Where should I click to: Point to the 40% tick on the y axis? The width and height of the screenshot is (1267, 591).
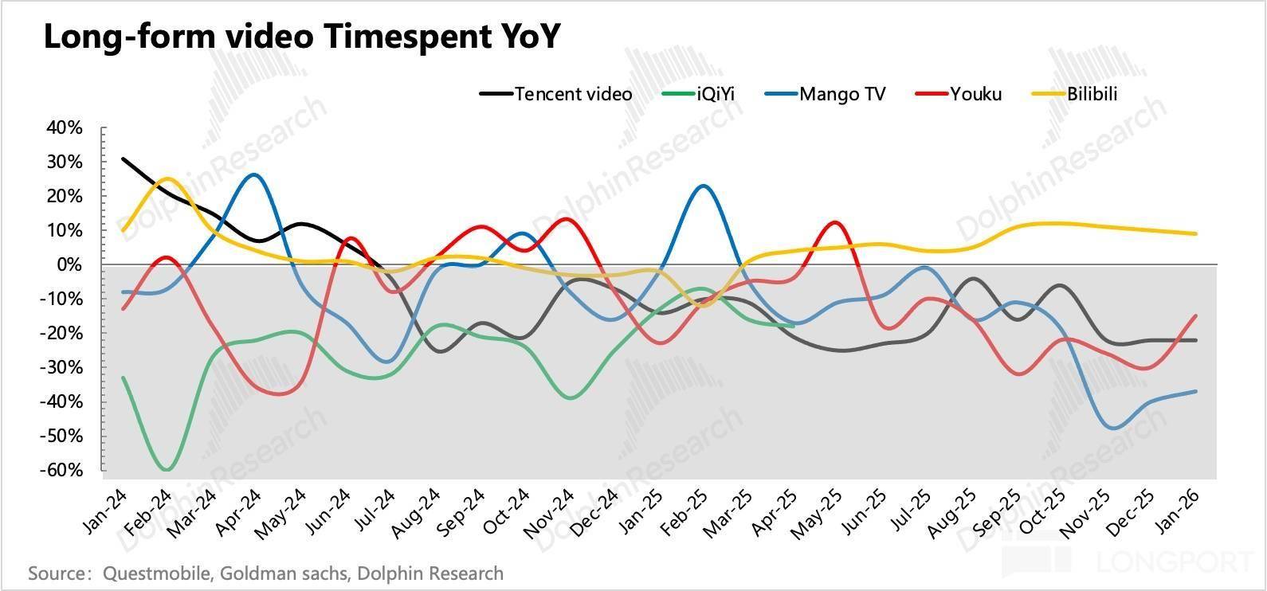[65, 127]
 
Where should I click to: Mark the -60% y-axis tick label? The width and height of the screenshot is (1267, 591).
[63, 470]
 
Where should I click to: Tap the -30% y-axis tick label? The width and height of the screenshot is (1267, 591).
[63, 367]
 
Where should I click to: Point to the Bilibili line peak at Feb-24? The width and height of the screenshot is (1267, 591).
[167, 178]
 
